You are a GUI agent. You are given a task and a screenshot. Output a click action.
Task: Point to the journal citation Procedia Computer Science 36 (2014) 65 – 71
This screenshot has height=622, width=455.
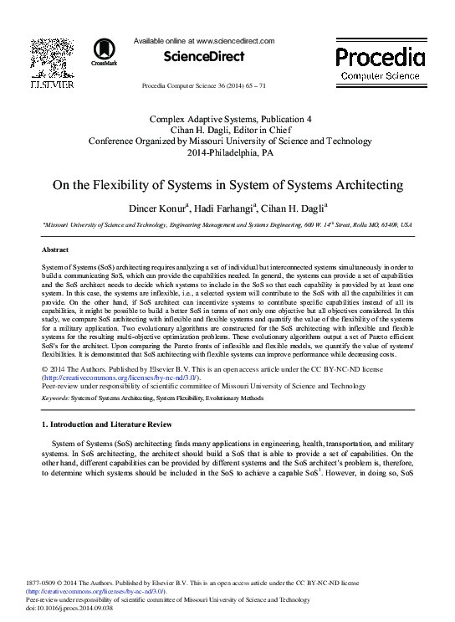coord(204,86)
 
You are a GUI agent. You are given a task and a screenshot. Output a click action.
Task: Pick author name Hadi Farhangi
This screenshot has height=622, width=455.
coord(227,208)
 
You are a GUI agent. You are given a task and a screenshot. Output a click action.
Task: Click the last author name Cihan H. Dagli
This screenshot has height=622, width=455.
coord(293,208)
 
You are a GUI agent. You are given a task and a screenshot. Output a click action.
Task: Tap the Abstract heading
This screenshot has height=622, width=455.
coord(55,250)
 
